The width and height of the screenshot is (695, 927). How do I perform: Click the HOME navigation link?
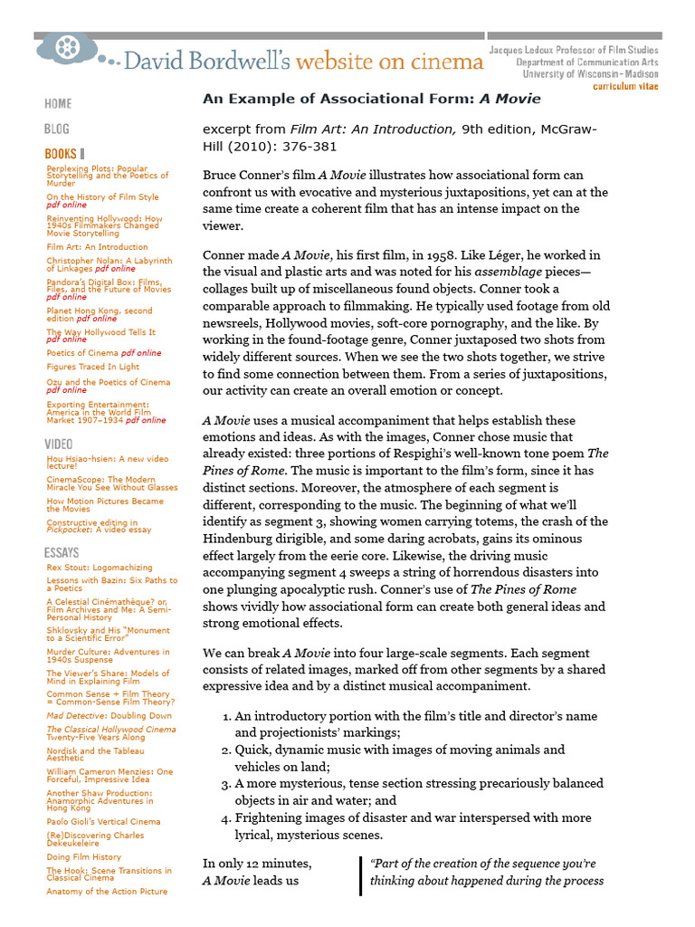tap(58, 104)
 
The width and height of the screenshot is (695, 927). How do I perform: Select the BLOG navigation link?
tap(56, 129)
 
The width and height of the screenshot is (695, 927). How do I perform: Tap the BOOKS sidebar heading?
tap(62, 155)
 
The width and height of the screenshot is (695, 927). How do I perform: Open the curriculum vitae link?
tap(625, 87)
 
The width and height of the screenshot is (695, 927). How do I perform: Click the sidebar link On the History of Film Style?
tap(102, 196)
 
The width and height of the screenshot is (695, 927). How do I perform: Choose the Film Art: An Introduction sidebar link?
tap(97, 246)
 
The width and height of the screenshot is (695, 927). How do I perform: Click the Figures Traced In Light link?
tap(92, 367)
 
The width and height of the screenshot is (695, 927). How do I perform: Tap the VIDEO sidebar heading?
tap(59, 444)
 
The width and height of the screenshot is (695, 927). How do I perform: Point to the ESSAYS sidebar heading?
tap(62, 552)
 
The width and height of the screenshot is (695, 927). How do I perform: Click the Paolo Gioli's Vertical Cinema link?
tap(103, 821)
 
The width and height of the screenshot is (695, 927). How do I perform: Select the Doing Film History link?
tap(83, 856)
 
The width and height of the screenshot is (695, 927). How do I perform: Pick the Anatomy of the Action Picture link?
tap(107, 891)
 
